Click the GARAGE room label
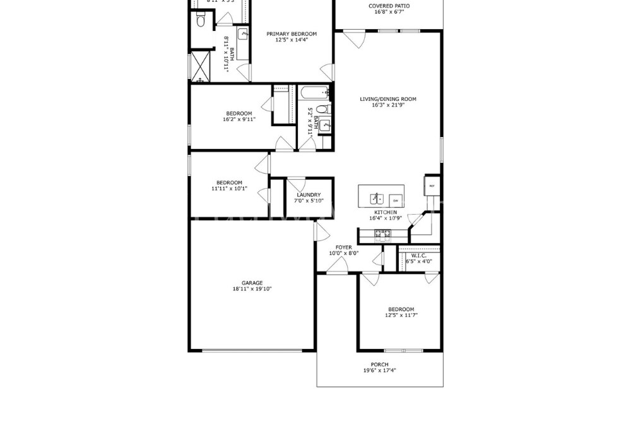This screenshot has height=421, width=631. (x=252, y=283)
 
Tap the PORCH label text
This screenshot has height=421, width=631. (x=379, y=364)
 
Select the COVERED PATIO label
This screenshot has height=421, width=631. (x=389, y=6)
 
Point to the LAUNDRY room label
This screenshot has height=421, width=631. (x=309, y=195)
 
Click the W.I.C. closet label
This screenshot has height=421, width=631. (x=419, y=255)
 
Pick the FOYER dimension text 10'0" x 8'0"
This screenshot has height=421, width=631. (x=344, y=254)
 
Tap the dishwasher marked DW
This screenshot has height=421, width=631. (x=396, y=198)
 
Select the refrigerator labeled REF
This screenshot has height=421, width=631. (x=432, y=186)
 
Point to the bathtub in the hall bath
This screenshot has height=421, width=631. (x=315, y=94)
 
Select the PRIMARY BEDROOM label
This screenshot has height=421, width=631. (x=292, y=34)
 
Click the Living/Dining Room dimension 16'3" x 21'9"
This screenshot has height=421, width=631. (x=388, y=105)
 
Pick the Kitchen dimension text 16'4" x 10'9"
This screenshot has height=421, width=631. (x=385, y=219)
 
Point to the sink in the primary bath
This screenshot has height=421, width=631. (x=242, y=35)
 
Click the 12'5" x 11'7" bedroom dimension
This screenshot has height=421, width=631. (x=401, y=316)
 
